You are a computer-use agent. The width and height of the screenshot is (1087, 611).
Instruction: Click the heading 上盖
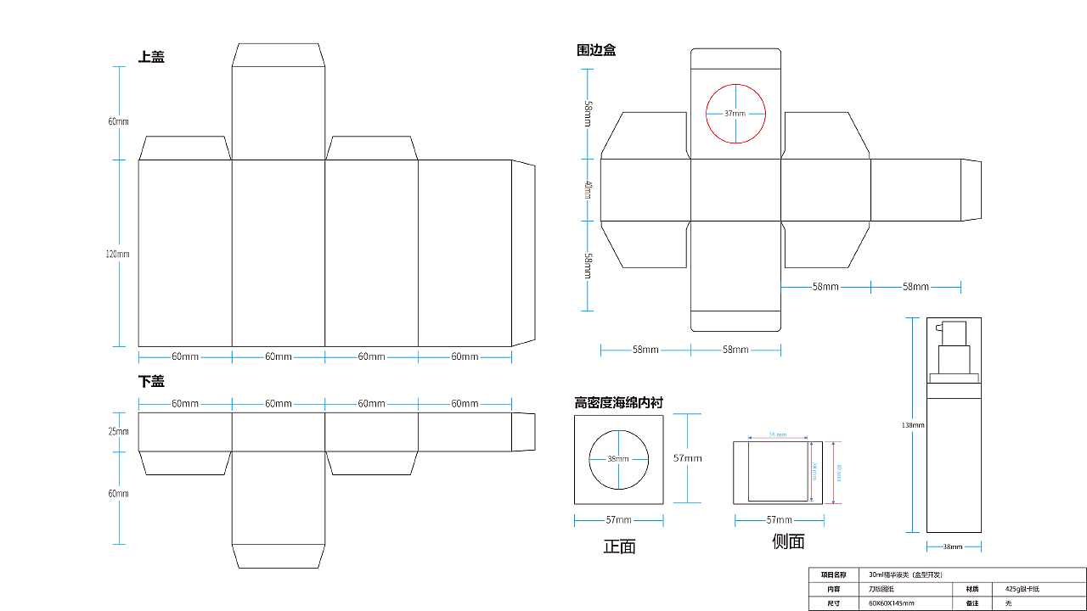[x=151, y=57]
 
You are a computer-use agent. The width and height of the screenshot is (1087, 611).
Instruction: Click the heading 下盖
[x=151, y=381]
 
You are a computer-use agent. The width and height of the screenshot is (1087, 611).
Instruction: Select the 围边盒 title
[x=596, y=50]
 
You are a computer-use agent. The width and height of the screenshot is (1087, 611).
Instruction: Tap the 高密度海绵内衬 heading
[x=618, y=402]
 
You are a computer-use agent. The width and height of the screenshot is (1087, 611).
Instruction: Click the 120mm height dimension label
[x=118, y=254]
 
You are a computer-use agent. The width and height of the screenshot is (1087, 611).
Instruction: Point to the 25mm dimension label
[x=118, y=431]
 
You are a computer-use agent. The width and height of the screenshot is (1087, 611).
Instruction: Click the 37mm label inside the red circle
[x=735, y=114]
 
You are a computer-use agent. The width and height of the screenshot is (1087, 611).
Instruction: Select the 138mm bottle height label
[x=914, y=424]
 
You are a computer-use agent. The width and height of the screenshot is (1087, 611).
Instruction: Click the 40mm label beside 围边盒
[x=588, y=190]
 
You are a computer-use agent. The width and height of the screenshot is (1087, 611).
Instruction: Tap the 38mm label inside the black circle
[x=618, y=459]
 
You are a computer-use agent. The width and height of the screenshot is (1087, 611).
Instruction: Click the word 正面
[x=619, y=547]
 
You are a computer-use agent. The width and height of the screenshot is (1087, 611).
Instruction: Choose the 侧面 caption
[x=788, y=541]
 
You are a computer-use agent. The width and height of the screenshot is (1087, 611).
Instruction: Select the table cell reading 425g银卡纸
[x=1022, y=588]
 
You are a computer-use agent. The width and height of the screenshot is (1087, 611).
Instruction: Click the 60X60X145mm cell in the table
[x=892, y=603]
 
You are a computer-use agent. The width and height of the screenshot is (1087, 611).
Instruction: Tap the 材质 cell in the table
[x=972, y=588]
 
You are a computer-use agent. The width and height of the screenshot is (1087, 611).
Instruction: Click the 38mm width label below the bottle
[x=954, y=547]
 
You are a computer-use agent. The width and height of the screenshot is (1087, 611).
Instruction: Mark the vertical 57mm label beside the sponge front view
[x=688, y=458]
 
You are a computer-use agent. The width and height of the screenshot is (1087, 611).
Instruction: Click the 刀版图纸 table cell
[x=881, y=588]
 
